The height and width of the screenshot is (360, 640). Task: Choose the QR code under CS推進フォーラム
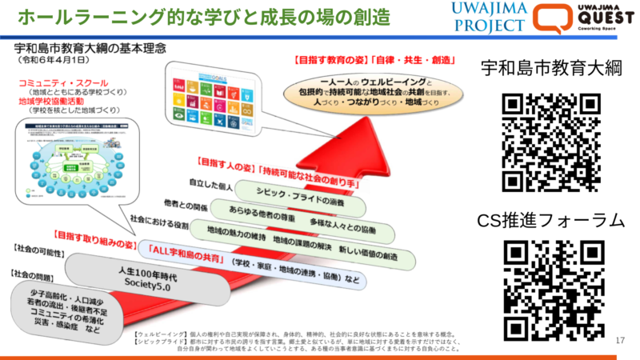click(x=551, y=289)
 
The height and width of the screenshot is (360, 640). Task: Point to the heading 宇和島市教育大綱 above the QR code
click(x=551, y=69)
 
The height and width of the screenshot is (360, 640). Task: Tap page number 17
click(x=620, y=342)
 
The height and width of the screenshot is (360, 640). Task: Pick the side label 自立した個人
click(x=211, y=186)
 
